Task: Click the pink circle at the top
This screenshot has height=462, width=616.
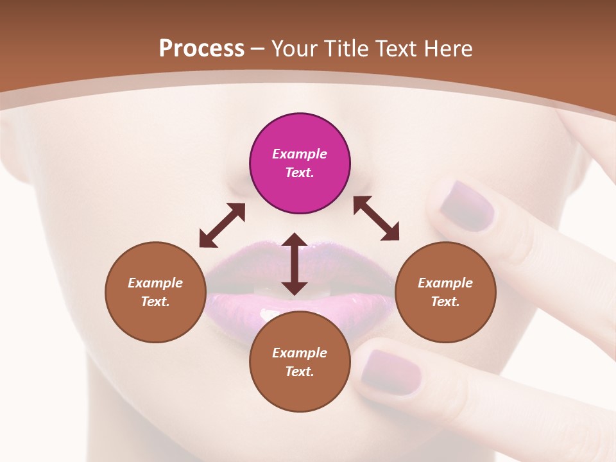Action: tap(300, 163)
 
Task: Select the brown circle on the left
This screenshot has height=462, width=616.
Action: tap(155, 292)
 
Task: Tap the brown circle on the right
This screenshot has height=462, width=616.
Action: tap(445, 292)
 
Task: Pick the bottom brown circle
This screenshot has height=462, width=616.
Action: tap(300, 362)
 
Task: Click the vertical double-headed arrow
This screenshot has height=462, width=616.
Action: tap(295, 264)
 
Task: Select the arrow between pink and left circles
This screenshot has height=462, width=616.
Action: tap(222, 225)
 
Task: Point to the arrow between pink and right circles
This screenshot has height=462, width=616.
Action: tap(376, 218)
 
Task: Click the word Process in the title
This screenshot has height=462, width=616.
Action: tap(201, 48)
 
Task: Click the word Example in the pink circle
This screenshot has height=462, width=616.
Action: tap(300, 154)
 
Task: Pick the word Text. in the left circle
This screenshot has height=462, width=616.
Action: tap(155, 302)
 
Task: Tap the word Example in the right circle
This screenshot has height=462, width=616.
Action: tap(445, 283)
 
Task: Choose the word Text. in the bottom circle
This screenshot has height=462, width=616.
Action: tap(300, 372)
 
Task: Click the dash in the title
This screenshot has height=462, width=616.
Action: tap(258, 49)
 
